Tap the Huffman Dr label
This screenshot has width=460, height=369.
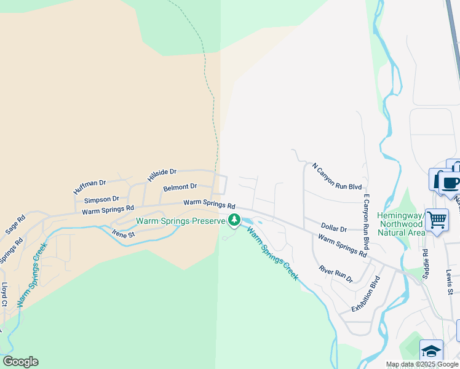click(90, 187)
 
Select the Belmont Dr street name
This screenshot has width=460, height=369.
click(180, 187)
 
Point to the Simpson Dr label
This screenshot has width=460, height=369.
click(101, 199)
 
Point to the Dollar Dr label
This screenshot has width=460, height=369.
click(334, 229)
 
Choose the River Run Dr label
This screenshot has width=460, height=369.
click(335, 274)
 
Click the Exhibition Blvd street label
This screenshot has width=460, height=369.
click(366, 294)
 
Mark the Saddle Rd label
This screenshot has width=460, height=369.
click(425, 262)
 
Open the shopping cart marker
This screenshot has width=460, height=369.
click(437, 218)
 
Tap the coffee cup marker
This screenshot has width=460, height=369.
click(451, 182)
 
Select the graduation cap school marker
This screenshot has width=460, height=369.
click(431, 351)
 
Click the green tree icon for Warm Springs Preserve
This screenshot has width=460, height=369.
click(234, 220)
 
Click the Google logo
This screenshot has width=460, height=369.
click(20, 362)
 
